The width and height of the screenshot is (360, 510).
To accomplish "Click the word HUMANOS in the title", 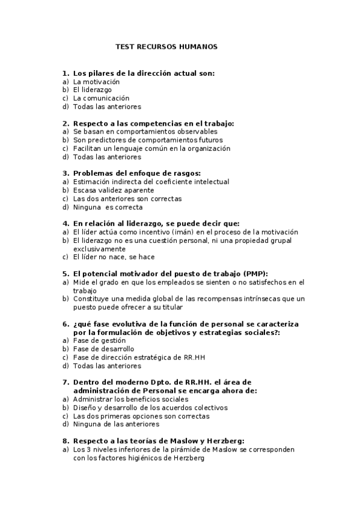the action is (196, 46).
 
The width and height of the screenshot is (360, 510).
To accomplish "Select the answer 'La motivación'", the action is (96, 81).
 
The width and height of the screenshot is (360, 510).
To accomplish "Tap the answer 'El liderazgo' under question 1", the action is (92, 90).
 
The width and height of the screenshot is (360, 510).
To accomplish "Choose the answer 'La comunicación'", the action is (101, 98).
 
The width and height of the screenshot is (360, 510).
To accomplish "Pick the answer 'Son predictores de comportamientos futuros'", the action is (139, 140).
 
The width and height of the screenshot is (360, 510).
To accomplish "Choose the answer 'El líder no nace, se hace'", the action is (114, 257).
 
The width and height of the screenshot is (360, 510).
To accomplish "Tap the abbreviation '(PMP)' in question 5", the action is (254, 274).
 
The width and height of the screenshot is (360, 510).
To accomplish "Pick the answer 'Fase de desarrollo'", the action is (103, 349).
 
